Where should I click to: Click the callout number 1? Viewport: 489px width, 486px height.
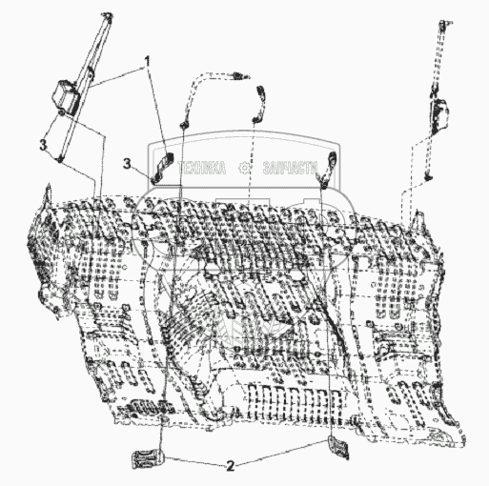pyautogui.click(x=147, y=61)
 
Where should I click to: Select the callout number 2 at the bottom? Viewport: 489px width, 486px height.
pyautogui.click(x=231, y=466)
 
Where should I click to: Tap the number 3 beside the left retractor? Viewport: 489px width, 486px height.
pyautogui.click(x=43, y=145)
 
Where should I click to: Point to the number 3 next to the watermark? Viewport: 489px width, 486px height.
pyautogui.click(x=127, y=164)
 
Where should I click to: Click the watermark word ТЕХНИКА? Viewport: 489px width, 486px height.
pyautogui.click(x=202, y=168)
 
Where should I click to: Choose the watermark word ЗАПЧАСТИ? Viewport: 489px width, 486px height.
pyautogui.click(x=291, y=168)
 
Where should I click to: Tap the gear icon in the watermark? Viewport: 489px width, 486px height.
pyautogui.click(x=245, y=168)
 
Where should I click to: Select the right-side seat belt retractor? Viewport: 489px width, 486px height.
pyautogui.click(x=439, y=113)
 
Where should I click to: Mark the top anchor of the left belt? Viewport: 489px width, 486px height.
pyautogui.click(x=107, y=16)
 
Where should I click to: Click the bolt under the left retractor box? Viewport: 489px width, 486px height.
pyautogui.click(x=62, y=111)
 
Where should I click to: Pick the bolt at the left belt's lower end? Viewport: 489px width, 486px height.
pyautogui.click(x=59, y=159)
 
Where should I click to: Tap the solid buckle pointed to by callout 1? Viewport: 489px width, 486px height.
pyautogui.click(x=164, y=165)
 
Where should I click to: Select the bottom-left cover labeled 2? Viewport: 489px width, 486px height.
pyautogui.click(x=148, y=458)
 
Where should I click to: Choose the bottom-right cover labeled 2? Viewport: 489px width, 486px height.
pyautogui.click(x=337, y=447)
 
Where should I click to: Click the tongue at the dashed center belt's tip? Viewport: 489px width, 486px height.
pyautogui.click(x=240, y=75)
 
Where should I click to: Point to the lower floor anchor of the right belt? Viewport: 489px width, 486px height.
pyautogui.click(x=429, y=176)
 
